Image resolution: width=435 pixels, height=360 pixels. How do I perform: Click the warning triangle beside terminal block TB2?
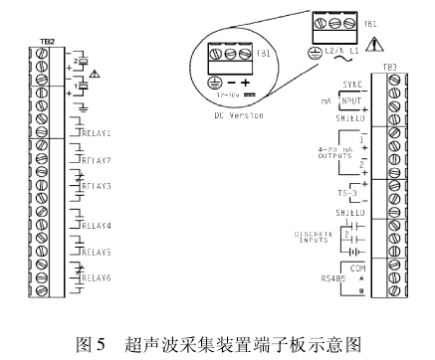pos(95,76)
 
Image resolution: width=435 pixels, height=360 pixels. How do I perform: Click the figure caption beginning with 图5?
pos(217,343)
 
